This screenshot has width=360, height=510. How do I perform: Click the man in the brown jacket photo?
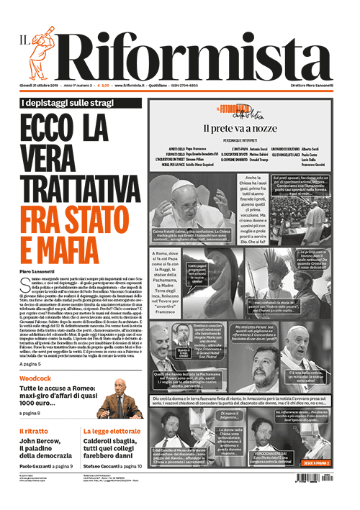pos(118,403)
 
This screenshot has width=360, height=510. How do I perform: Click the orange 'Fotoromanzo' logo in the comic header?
pos(238,110)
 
